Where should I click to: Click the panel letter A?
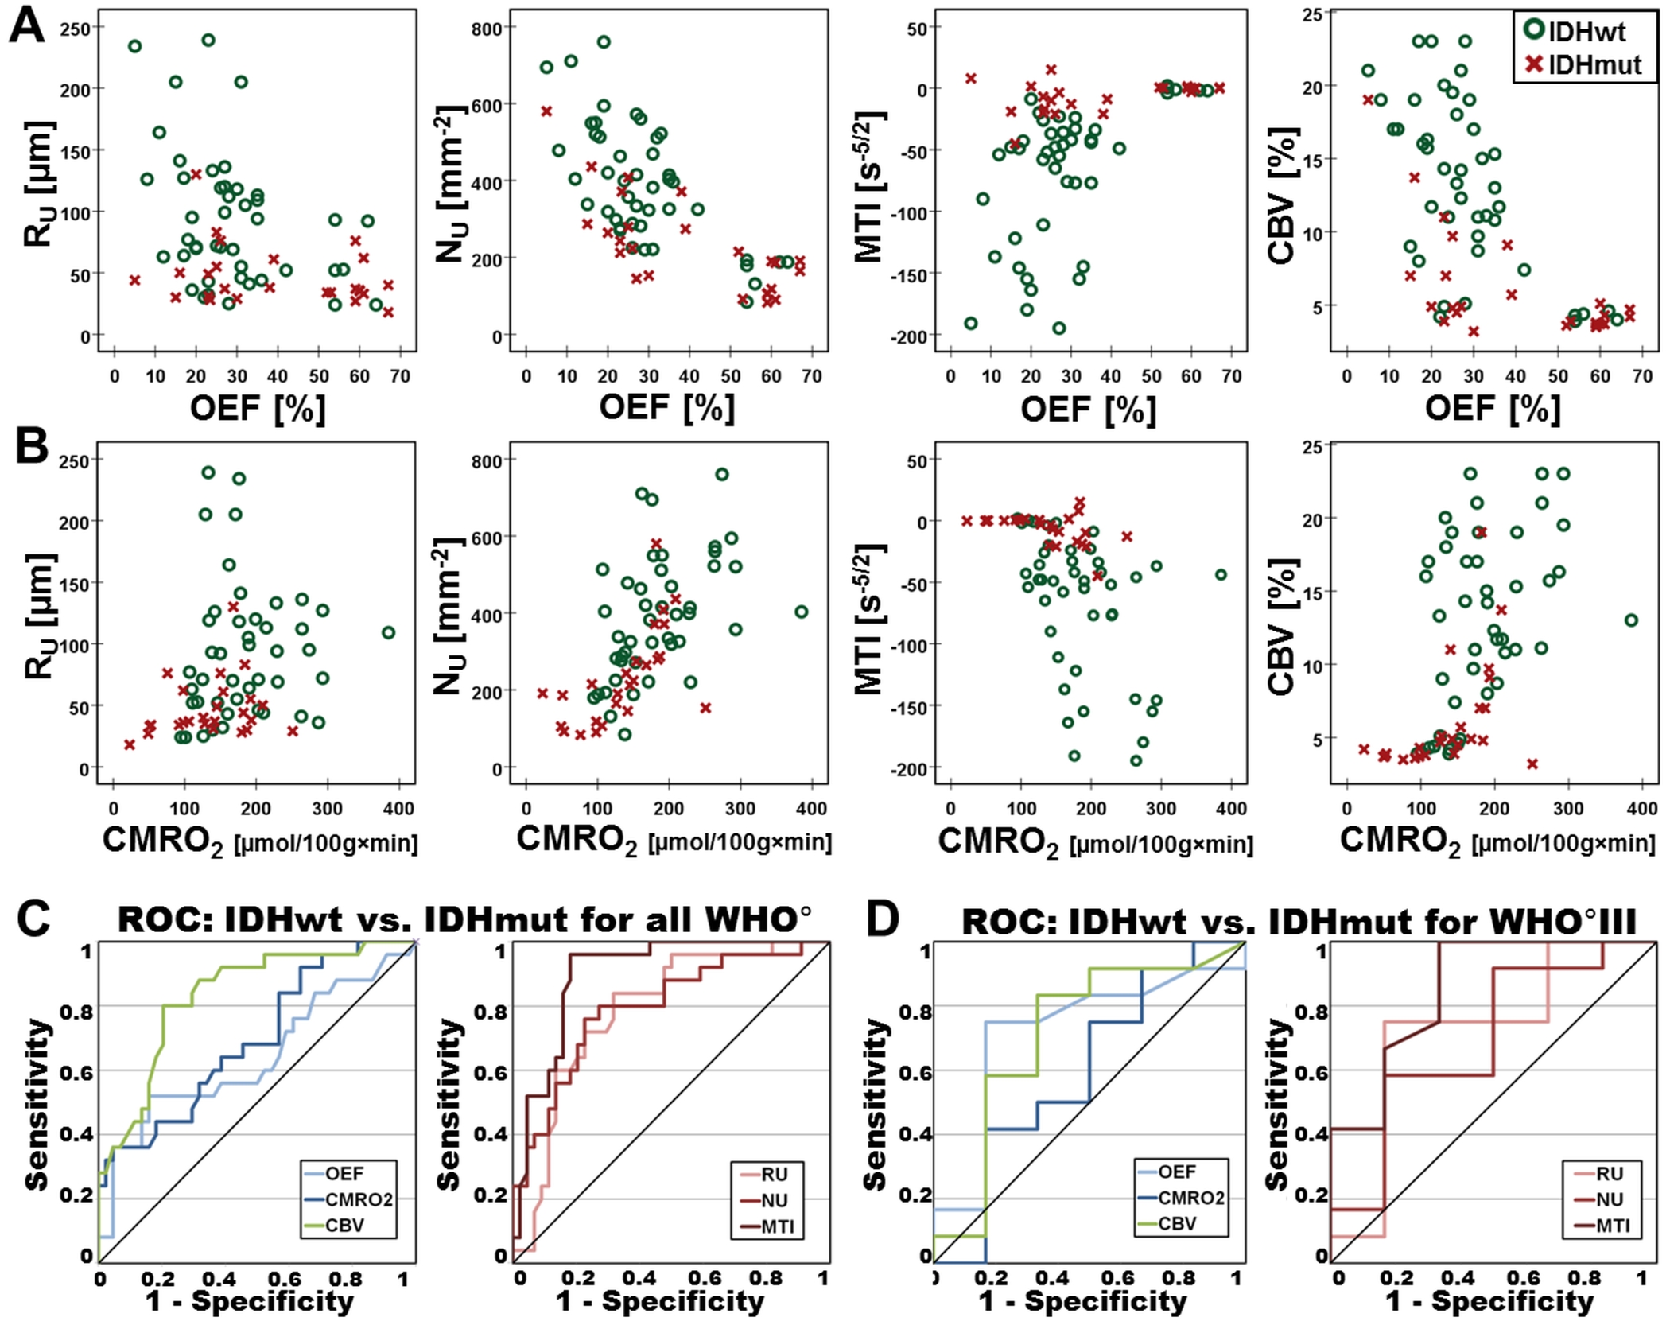[26, 25]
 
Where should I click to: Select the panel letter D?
[882, 919]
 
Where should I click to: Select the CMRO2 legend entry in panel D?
[1190, 1198]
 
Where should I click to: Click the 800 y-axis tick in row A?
[487, 29]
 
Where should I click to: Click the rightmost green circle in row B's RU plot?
[388, 633]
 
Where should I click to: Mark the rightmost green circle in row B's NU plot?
[801, 612]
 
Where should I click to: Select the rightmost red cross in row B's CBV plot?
[1532, 764]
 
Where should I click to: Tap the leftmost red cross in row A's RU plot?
[135, 280]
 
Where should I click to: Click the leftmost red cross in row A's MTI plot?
[971, 78]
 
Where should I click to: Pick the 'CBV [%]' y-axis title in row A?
[1282, 195]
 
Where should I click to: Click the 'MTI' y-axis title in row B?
[869, 619]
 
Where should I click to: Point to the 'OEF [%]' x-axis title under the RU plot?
[257, 408]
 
